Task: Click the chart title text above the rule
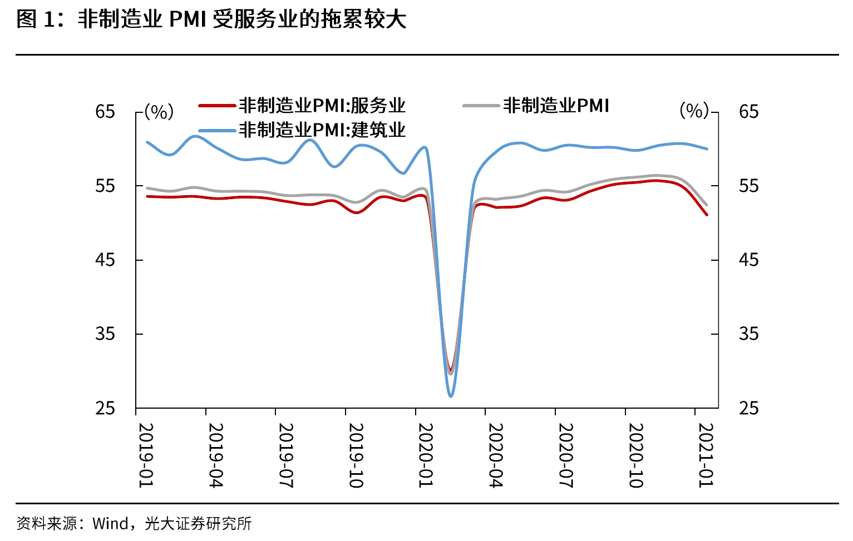(x=211, y=19)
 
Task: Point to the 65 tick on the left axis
(x=105, y=112)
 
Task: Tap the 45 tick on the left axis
(x=105, y=260)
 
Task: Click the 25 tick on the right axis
(x=748, y=408)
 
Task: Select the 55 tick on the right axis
(x=748, y=186)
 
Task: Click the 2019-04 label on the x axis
(x=215, y=455)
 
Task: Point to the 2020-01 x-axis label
(x=425, y=455)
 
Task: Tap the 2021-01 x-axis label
(x=706, y=455)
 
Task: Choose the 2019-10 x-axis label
(x=356, y=455)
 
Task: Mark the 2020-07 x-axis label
(x=565, y=455)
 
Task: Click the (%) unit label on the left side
(x=159, y=112)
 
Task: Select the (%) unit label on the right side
(x=694, y=111)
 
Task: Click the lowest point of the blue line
(x=451, y=396)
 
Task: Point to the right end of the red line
(x=707, y=215)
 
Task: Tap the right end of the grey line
(x=707, y=205)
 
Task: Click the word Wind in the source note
(x=110, y=524)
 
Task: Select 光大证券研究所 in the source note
(x=198, y=524)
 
